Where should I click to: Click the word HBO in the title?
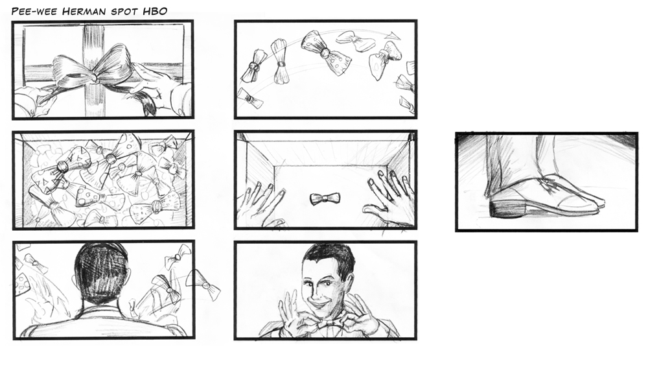155,11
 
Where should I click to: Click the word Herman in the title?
84,11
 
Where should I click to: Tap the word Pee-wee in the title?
35,11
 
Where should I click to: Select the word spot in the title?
124,12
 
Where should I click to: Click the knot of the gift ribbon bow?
95,77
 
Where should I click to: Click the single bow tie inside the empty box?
325,199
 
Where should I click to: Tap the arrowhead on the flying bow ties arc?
393,36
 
